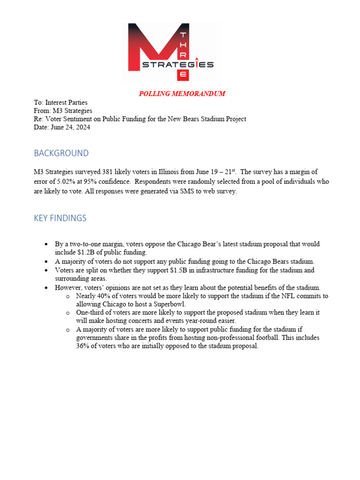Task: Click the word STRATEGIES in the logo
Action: [x=178, y=65]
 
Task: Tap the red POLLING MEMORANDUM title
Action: [x=182, y=94]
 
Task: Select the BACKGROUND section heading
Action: [x=61, y=153]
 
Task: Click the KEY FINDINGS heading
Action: [x=60, y=218]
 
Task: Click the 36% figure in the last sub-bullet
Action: [x=82, y=346]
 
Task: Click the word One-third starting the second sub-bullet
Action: [x=90, y=312]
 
